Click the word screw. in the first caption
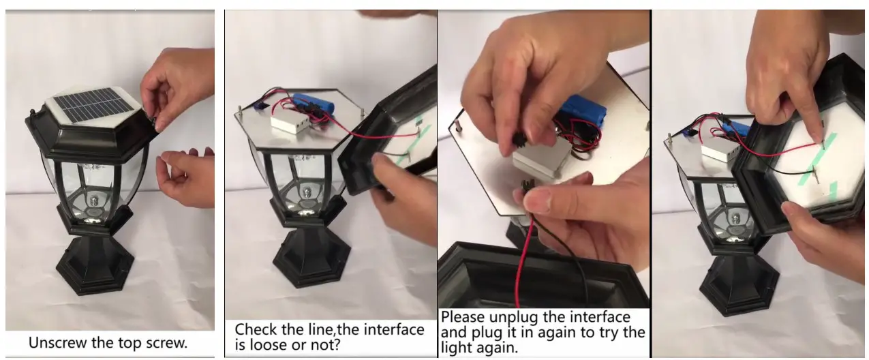point(166,343)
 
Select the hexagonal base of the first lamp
point(95,267)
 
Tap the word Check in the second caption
point(256,330)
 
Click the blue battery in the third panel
point(585,112)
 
